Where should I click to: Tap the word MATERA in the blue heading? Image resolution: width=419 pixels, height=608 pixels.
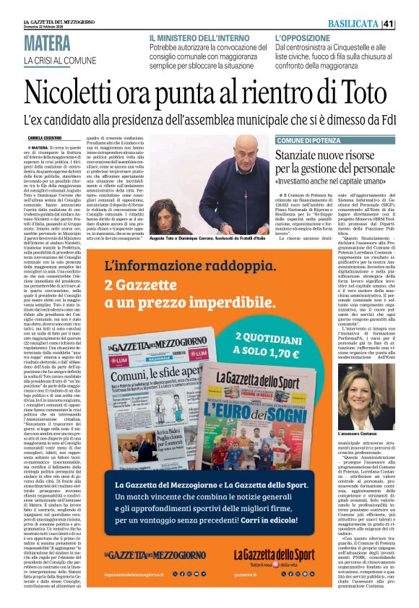[x=47, y=43]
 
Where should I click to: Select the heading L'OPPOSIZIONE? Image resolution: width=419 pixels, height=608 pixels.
[x=304, y=37]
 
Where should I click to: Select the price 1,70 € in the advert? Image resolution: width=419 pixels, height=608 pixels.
[x=277, y=354]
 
